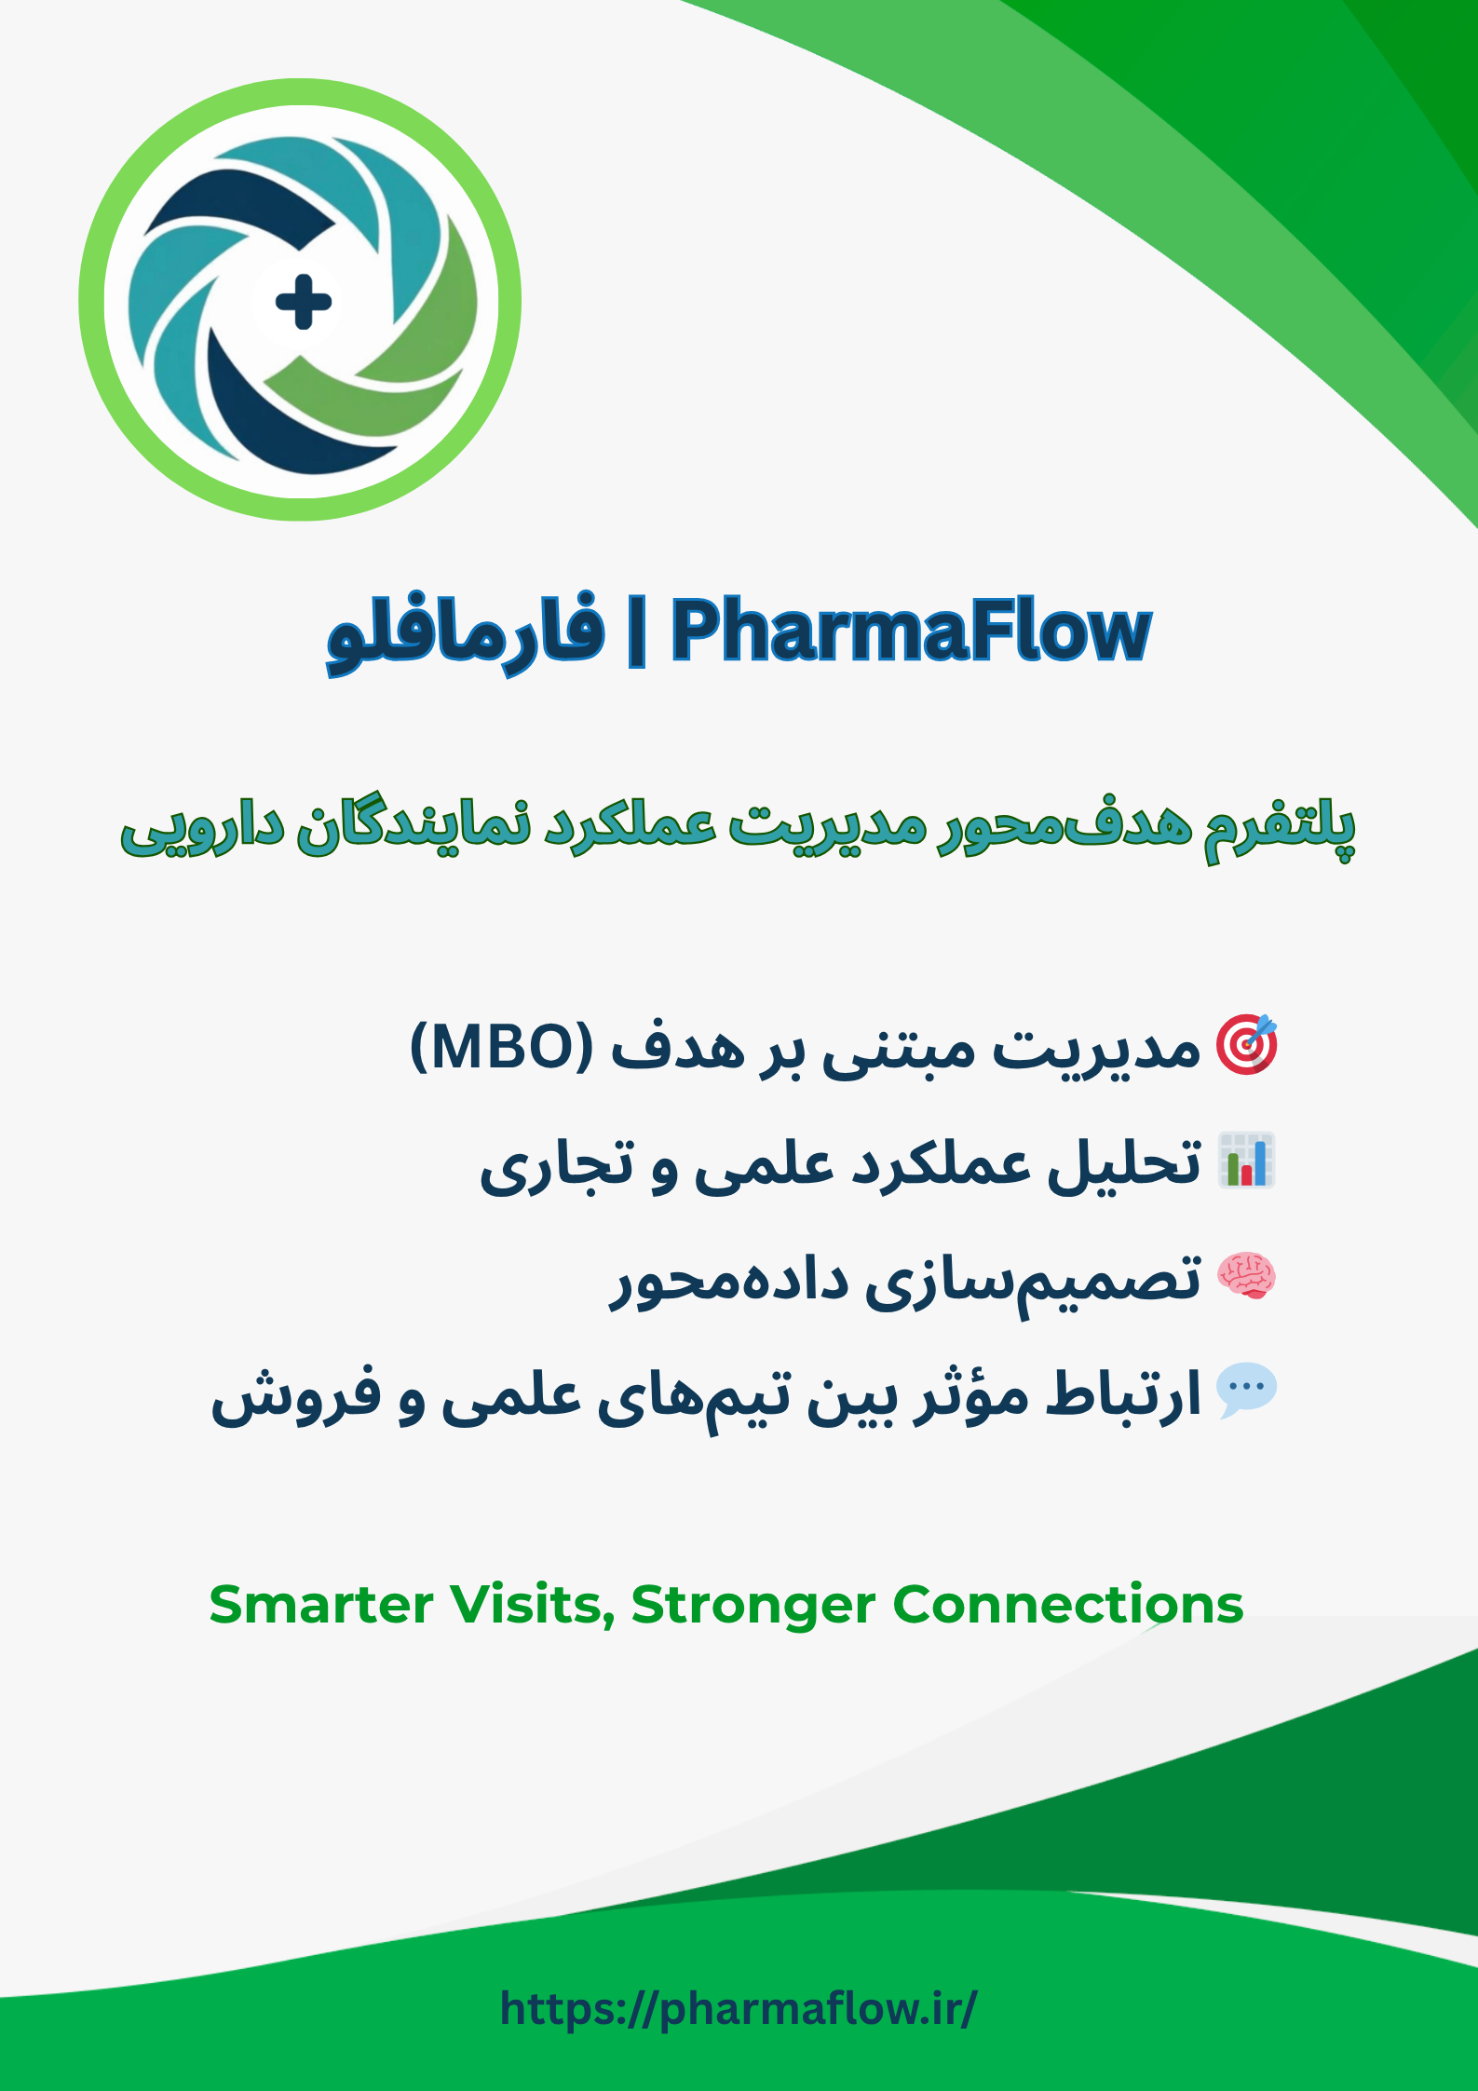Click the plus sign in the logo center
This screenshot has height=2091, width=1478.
pyautogui.click(x=304, y=302)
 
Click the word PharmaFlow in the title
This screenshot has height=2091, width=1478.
pyautogui.click(x=911, y=631)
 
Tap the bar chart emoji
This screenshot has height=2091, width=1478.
pyautogui.click(x=1247, y=1161)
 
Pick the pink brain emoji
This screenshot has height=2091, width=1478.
pyautogui.click(x=1247, y=1276)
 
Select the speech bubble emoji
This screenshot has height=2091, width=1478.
pyautogui.click(x=1247, y=1392)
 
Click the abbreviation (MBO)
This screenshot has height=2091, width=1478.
pyautogui.click(x=501, y=1047)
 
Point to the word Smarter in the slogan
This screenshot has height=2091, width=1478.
pyautogui.click(x=321, y=1605)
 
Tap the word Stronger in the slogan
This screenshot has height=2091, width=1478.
pyautogui.click(x=753, y=1605)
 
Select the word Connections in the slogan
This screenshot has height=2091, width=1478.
pyautogui.click(x=1067, y=1605)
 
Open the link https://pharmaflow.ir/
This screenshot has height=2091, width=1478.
pyautogui.click(x=739, y=2008)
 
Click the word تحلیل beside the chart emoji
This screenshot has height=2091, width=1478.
pyautogui.click(x=1125, y=1162)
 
